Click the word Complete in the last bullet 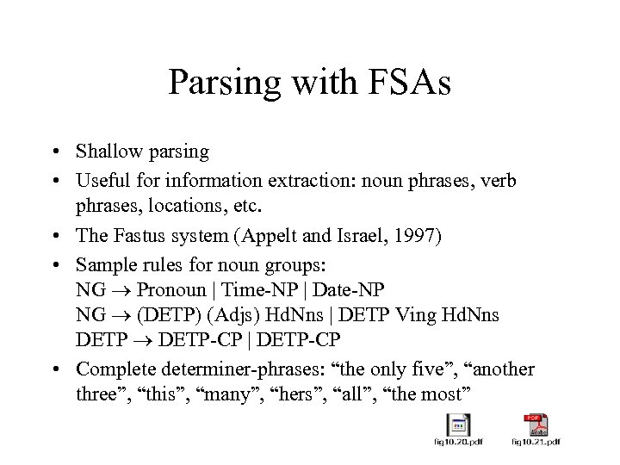[112, 369]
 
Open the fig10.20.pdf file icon [457, 426]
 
